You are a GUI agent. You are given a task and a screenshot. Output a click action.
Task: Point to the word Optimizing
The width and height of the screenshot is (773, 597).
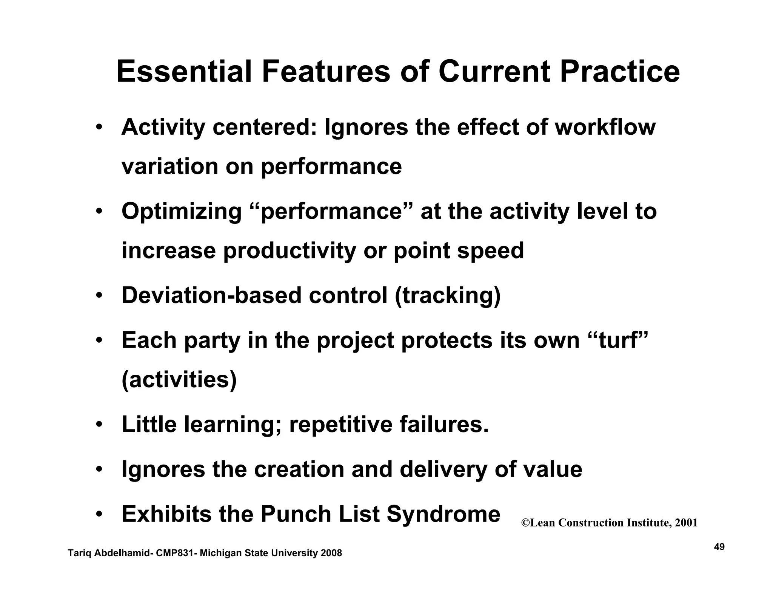point(182,212)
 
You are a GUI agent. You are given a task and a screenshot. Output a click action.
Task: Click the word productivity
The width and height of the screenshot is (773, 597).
point(289,251)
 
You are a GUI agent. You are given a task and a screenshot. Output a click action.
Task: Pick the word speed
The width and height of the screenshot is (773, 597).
point(490,251)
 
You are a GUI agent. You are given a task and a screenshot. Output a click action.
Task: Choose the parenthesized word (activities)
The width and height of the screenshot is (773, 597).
point(179,380)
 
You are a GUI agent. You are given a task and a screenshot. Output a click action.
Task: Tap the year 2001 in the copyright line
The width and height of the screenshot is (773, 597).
point(686,523)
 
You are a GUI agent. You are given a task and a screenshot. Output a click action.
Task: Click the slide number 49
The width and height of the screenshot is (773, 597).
point(719,547)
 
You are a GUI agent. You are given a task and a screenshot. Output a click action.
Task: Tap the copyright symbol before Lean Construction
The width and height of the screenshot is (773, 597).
point(525,523)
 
